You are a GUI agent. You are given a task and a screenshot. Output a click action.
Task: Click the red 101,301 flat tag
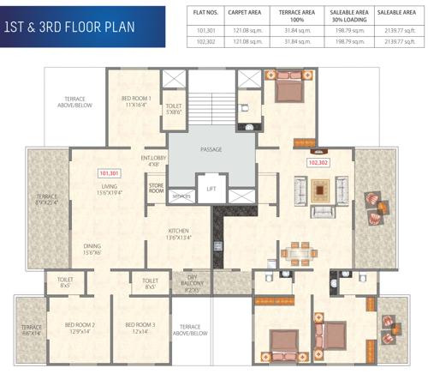(x=109, y=172)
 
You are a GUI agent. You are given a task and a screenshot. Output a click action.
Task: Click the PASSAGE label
(x=211, y=149)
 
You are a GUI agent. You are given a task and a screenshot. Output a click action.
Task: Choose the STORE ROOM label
(x=156, y=188)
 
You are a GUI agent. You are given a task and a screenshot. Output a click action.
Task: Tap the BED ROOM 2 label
(x=80, y=328)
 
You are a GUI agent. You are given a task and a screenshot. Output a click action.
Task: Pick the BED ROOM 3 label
(x=140, y=328)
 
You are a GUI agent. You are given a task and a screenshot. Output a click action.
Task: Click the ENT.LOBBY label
(x=154, y=160)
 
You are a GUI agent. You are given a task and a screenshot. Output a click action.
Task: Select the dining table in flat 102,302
(x=298, y=252)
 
